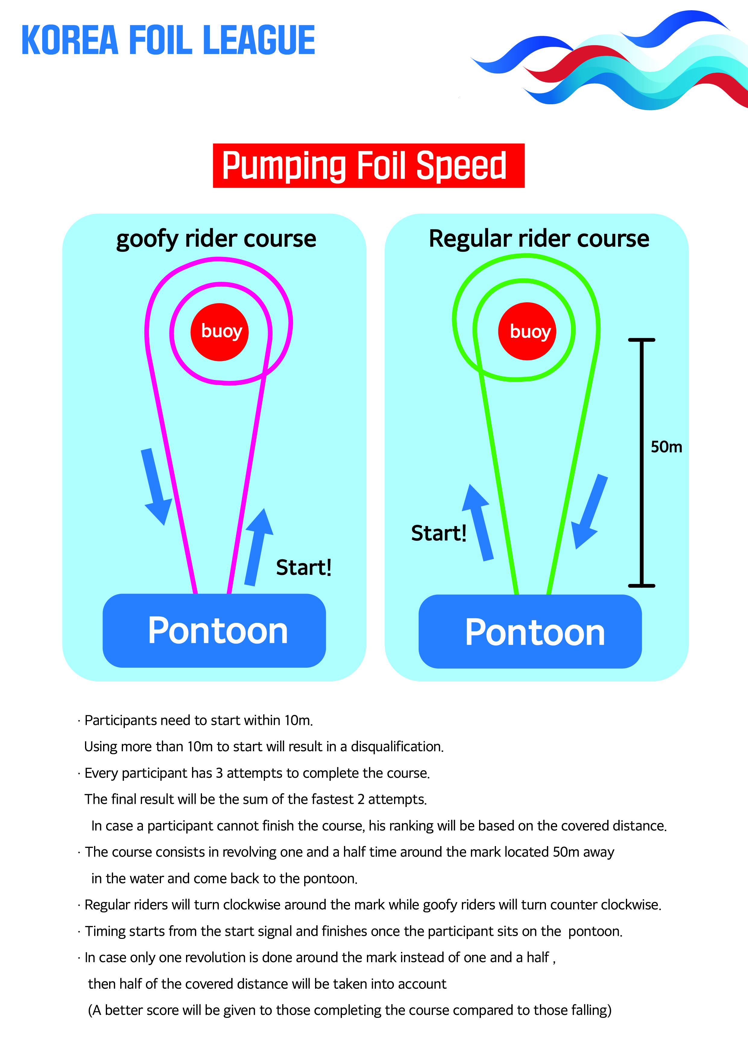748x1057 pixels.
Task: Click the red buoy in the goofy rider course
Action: pyautogui.click(x=220, y=332)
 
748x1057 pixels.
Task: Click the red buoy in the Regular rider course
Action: pyautogui.click(x=527, y=331)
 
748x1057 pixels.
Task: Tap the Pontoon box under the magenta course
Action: pyautogui.click(x=214, y=630)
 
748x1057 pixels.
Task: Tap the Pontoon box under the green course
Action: pyautogui.click(x=530, y=631)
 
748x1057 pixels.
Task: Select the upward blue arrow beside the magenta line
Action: pyautogui.click(x=258, y=547)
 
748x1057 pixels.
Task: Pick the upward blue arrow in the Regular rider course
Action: pyautogui.click(x=478, y=522)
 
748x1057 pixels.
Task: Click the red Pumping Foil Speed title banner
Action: pyautogui.click(x=368, y=166)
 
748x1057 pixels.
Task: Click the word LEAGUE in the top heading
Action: pyautogui.click(x=259, y=40)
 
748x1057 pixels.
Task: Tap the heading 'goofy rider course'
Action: pyautogui.click(x=216, y=239)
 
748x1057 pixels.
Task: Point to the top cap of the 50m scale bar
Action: pyautogui.click(x=642, y=340)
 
